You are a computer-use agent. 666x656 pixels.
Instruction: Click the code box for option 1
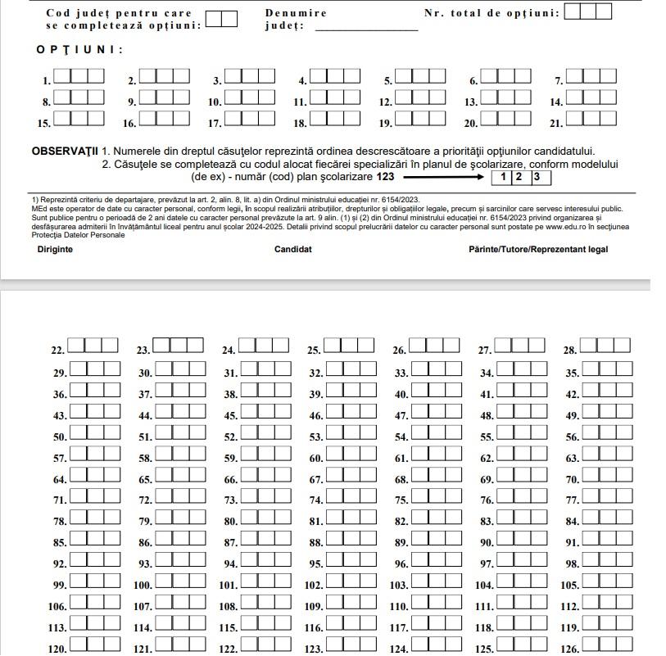tap(79, 76)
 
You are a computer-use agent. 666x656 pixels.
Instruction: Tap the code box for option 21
tap(591, 117)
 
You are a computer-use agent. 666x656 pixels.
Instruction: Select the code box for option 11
tap(335, 97)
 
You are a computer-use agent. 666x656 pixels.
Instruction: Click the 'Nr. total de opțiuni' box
tap(588, 11)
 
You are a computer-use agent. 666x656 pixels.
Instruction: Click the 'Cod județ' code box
tap(221, 18)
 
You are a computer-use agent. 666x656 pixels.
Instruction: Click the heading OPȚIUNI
tap(79, 50)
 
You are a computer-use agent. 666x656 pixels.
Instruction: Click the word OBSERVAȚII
tap(65, 152)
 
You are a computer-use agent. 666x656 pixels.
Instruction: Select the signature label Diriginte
tap(55, 249)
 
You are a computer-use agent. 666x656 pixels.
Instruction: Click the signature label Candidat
tap(293, 249)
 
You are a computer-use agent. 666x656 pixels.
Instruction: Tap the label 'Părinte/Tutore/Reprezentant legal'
tap(538, 249)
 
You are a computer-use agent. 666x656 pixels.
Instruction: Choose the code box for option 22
tap(93, 346)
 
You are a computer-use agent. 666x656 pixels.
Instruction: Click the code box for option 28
tap(606, 346)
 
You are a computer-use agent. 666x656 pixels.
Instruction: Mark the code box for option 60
tap(351, 454)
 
